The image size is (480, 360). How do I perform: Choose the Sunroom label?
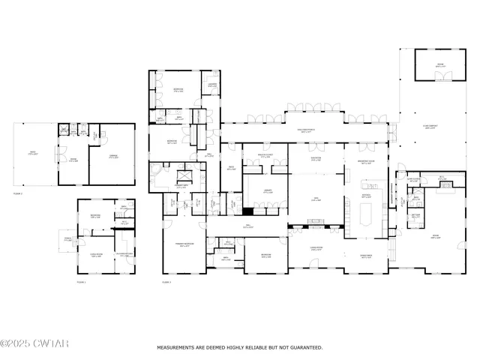316,159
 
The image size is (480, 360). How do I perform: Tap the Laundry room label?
212,85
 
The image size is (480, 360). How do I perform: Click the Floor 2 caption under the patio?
17,193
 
